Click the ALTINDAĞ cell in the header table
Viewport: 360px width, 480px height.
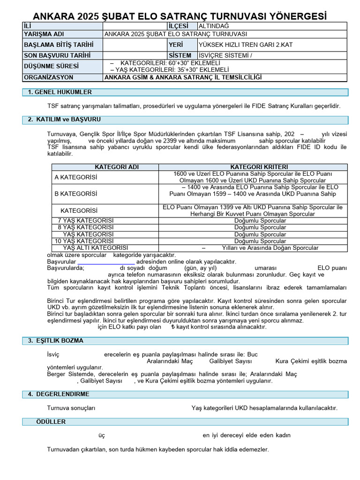214,26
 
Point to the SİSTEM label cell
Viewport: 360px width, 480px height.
180,55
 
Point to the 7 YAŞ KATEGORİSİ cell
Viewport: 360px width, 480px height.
85,220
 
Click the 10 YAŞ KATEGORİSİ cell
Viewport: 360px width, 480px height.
84,241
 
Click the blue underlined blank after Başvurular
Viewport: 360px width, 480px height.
106,262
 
